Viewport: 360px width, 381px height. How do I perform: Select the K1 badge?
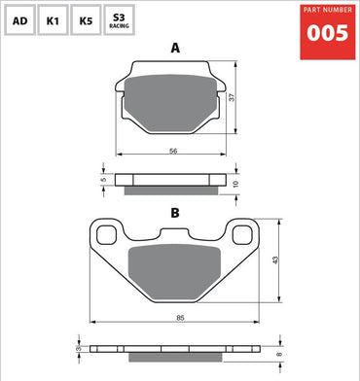(x=54, y=19)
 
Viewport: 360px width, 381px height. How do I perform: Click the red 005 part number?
(x=327, y=33)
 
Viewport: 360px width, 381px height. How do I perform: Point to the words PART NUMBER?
(x=327, y=11)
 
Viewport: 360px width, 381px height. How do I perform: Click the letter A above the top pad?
(x=175, y=47)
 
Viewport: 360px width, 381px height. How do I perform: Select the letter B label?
(x=175, y=212)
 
